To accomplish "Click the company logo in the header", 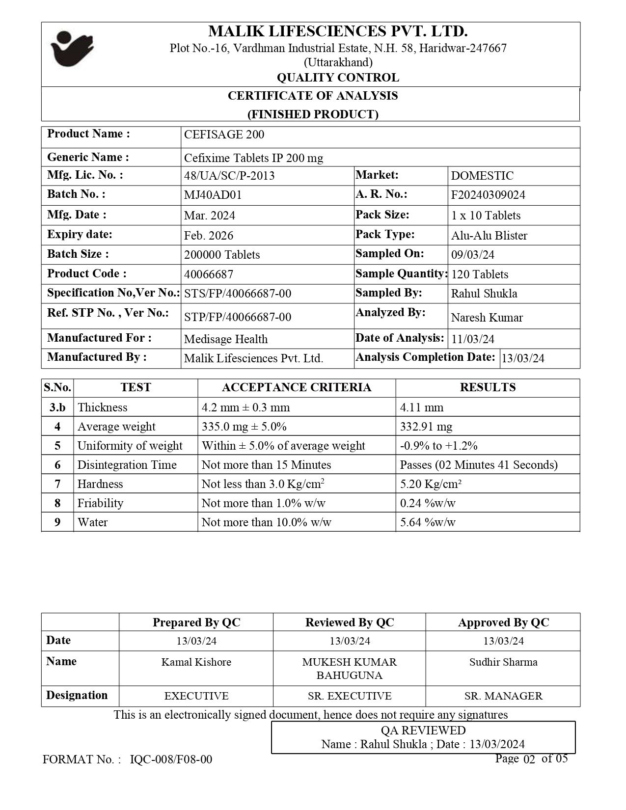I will pyautogui.click(x=72, y=49).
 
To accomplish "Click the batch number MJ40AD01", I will pyautogui.click(x=213, y=195).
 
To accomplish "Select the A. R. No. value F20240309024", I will pyautogui.click(x=488, y=195).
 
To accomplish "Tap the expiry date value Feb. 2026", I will pyautogui.click(x=209, y=235).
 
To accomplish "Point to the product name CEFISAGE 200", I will pyautogui.click(x=224, y=135).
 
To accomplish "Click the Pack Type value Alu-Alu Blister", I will pyautogui.click(x=489, y=235).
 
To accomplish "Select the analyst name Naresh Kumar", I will pyautogui.click(x=487, y=317).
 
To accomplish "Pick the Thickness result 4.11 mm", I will pyautogui.click(x=421, y=407).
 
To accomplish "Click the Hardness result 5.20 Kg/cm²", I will pyautogui.click(x=431, y=484).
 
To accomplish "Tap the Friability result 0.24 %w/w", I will pyautogui.click(x=428, y=503).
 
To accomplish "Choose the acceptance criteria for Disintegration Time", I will pyautogui.click(x=266, y=464).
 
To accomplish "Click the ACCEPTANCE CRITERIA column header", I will pyautogui.click(x=297, y=387).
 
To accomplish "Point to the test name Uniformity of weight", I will pyautogui.click(x=130, y=445).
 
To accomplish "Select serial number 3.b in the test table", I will pyautogui.click(x=57, y=407).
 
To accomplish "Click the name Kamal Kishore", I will pyautogui.click(x=196, y=662).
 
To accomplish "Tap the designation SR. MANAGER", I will pyautogui.click(x=503, y=696).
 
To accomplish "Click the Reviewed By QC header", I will pyautogui.click(x=349, y=622).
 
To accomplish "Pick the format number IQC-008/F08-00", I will pyautogui.click(x=171, y=759).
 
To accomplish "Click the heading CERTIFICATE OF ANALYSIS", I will pyautogui.click(x=313, y=96).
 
